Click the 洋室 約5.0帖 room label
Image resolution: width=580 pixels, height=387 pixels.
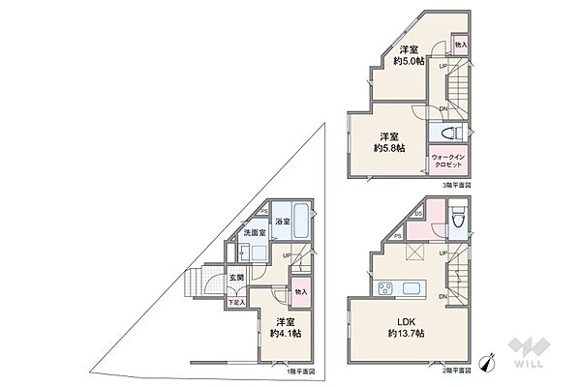(x=408, y=55)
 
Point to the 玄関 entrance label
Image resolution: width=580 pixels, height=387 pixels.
(x=235, y=279)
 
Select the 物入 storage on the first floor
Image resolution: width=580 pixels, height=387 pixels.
(x=300, y=290)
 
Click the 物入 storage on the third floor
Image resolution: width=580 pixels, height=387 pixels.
(x=460, y=45)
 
